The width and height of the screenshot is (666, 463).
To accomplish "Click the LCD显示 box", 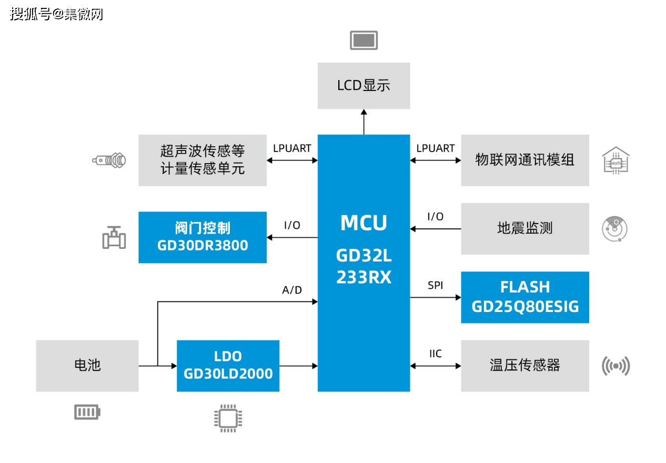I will pos(364,86).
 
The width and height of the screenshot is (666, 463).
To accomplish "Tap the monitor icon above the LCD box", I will pos(364,41).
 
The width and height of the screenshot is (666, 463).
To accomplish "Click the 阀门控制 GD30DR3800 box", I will pos(203,237).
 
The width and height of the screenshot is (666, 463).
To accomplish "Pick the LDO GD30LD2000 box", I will pos(228,366).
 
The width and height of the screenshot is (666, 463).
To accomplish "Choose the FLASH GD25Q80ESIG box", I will pos(524,297).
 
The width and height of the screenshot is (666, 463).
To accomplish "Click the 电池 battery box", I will pos(87,366).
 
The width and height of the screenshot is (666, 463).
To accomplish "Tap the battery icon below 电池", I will pos(87,412).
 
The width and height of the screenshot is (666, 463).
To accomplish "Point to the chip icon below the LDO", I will pos(228,418).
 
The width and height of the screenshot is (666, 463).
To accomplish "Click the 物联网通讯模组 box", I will pos(524,160).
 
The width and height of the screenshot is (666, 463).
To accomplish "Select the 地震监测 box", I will pos(524,229).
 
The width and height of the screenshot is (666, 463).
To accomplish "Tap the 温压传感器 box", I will pos(524,366).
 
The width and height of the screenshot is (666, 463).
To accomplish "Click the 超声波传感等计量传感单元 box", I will pos(203,160).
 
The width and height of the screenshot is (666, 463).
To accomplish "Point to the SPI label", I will pos(435,286).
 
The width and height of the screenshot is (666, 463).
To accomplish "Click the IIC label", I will pos(435,354).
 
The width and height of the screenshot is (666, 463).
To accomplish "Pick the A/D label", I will pos(292,290).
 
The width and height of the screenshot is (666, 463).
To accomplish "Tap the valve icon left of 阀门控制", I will pos(114,237).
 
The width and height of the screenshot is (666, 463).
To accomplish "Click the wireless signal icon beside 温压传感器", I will pos(615,366).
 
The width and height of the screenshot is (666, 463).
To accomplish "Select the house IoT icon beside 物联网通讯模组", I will pos(615,160).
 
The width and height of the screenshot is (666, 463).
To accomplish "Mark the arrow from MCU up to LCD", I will pos(364,122).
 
